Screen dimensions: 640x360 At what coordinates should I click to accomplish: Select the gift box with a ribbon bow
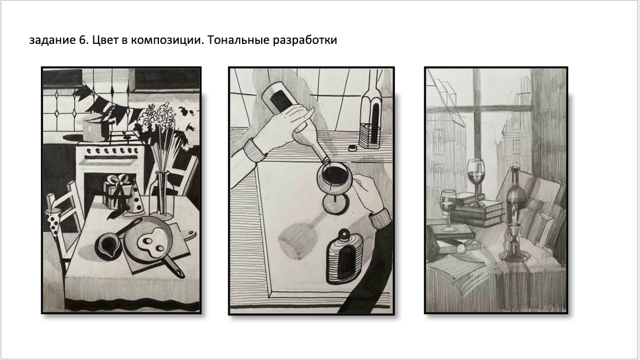[116, 191]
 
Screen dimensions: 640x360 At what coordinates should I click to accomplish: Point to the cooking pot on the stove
[95, 128]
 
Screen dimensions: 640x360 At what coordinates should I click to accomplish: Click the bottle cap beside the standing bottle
[352, 148]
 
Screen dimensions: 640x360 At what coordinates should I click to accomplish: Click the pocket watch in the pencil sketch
[460, 248]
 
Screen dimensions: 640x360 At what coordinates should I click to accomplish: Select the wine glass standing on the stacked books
[476, 181]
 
